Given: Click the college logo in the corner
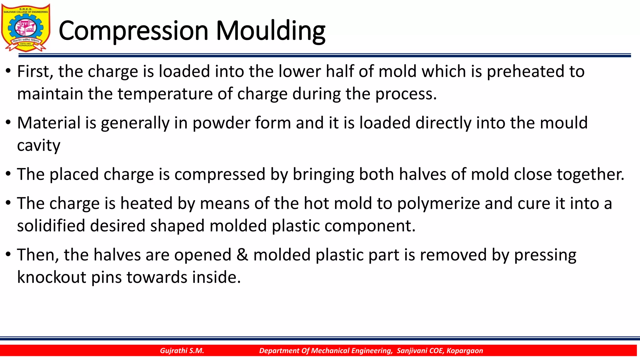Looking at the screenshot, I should pyautogui.click(x=26, y=27).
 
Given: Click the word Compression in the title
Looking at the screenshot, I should pyautogui.click(x=133, y=31).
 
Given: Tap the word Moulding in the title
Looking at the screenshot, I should pyautogui.click(x=271, y=31).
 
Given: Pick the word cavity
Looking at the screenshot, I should pyautogui.click(x=39, y=146).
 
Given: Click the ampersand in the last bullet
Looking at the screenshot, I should pyautogui.click(x=242, y=255).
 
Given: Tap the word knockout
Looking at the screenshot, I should pyautogui.click(x=52, y=277).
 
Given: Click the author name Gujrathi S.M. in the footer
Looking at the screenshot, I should pyautogui.click(x=182, y=351).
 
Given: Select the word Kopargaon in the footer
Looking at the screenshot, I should pyautogui.click(x=465, y=351).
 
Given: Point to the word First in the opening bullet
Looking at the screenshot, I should pyautogui.click(x=35, y=72).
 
